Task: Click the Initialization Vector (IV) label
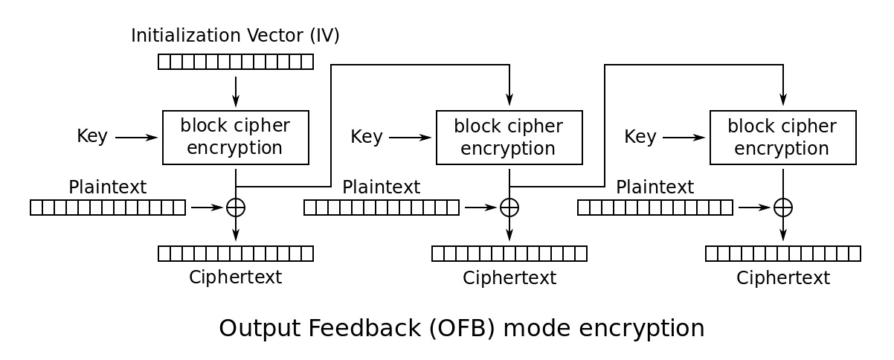pyautogui.click(x=235, y=36)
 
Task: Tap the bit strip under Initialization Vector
pyautogui.click(x=236, y=62)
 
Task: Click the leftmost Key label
pyautogui.click(x=92, y=137)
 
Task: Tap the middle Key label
pyautogui.click(x=367, y=137)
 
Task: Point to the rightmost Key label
pyautogui.click(x=640, y=137)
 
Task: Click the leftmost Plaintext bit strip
pyautogui.click(x=108, y=208)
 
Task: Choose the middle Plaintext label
pyautogui.click(x=381, y=187)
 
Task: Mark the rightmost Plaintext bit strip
pyautogui.click(x=655, y=208)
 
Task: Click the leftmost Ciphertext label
pyautogui.click(x=236, y=277)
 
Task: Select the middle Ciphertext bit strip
pyautogui.click(x=509, y=254)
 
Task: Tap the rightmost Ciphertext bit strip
pyautogui.click(x=783, y=254)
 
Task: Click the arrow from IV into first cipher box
pyautogui.click(x=236, y=91)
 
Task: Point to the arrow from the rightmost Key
pyautogui.click(x=684, y=138)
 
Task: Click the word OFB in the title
pyautogui.click(x=462, y=328)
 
